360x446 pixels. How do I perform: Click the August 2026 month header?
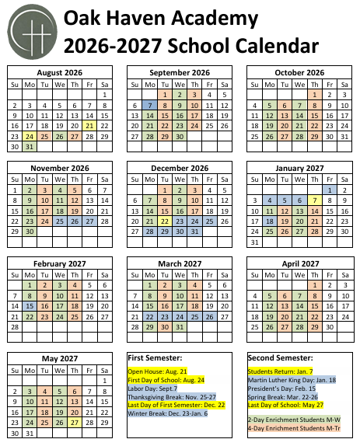pos(60,72)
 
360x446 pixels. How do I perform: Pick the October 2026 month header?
pos(299,72)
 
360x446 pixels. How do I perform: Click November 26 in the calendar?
pos(75,220)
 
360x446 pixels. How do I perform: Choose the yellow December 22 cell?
pos(164,220)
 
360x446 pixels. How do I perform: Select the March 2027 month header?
pos(180,264)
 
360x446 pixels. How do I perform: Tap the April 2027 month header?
pos(299,264)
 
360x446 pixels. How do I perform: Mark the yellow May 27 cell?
pos(75,423)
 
